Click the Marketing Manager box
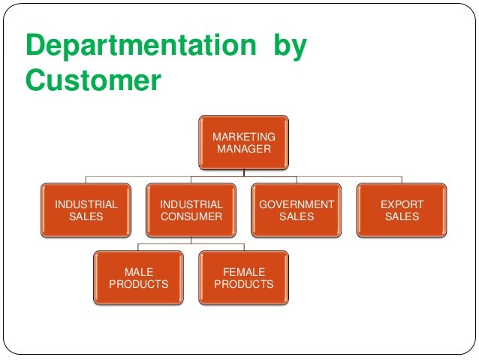coord(244,142)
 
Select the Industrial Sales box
coord(86,210)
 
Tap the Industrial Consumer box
coord(191,210)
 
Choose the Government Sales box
coord(297,210)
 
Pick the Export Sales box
coord(402,210)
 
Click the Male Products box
coord(139,277)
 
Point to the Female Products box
coord(244,277)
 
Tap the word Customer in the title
coord(93,80)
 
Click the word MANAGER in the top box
coord(244,149)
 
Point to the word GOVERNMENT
coord(297,204)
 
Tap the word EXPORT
coord(402,204)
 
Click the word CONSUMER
coord(191,217)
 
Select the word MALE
coord(139,271)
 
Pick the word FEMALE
coord(244,271)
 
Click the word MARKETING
coord(244,137)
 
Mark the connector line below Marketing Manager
coord(244,174)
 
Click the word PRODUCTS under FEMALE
coord(244,284)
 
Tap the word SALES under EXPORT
coord(402,217)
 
